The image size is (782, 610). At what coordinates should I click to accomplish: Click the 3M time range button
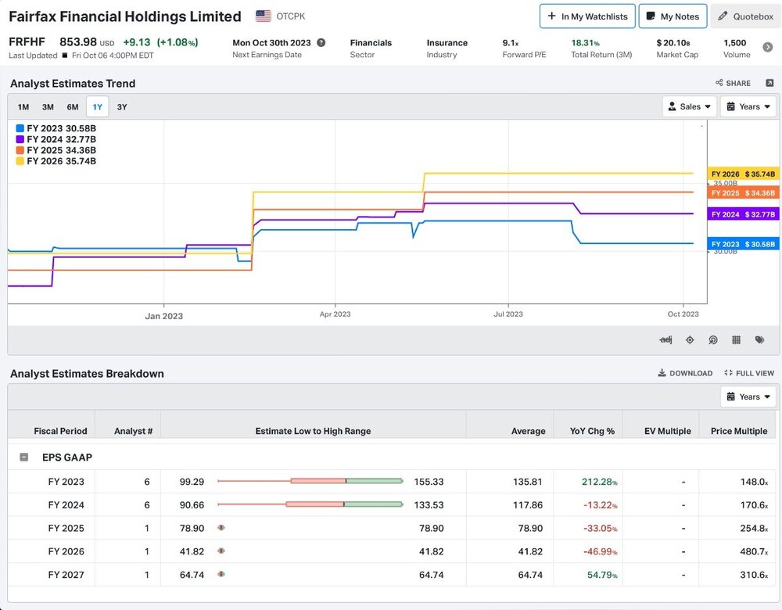48,106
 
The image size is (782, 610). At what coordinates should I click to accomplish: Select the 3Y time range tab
122,106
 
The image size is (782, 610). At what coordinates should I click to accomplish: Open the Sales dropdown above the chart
689,106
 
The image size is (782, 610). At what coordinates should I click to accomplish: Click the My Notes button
673,16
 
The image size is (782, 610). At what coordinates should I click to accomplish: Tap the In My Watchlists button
587,16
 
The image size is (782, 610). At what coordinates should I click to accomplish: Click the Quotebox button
745,16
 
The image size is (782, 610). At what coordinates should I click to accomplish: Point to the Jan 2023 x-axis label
164,316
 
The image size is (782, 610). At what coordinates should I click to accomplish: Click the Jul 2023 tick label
508,314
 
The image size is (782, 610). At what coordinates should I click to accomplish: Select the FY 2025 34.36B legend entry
56,150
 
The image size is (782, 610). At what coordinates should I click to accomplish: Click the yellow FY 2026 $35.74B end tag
743,174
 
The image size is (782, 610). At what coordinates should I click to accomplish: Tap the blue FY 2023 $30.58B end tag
743,244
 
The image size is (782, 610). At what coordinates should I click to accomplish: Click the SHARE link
733,84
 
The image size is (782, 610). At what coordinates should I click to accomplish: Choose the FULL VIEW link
749,373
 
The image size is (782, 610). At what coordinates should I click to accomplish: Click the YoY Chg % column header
592,431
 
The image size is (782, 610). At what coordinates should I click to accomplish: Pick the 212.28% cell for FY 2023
600,482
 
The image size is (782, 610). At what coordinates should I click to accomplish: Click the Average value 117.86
528,504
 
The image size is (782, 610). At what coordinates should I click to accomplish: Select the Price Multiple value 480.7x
754,551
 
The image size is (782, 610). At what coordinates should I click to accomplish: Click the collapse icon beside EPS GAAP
24,457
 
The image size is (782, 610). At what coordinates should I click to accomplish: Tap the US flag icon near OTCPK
264,16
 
